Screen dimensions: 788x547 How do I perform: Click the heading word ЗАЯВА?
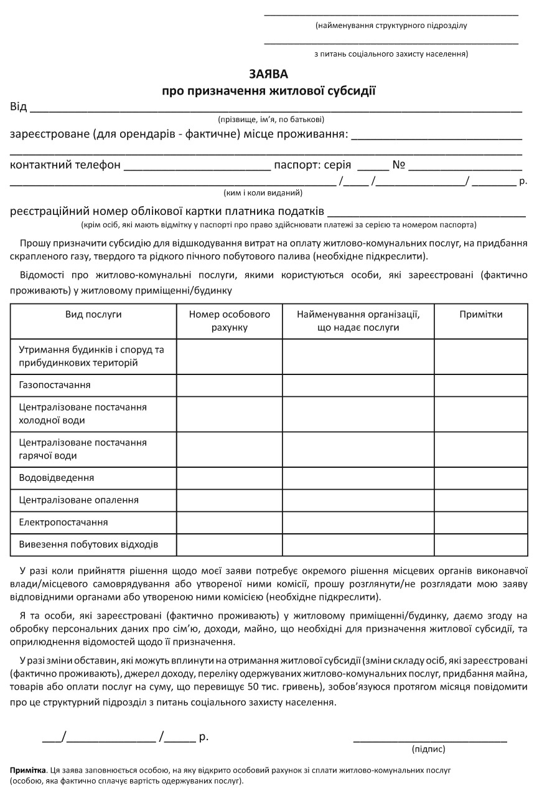point(269,74)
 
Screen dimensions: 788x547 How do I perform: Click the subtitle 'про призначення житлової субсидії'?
point(269,92)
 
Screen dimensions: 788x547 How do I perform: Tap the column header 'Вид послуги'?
point(93,315)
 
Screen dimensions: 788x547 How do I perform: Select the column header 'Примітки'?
point(480,315)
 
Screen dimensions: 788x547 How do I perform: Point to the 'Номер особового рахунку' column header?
point(230,321)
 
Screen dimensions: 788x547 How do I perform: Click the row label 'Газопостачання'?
point(55,385)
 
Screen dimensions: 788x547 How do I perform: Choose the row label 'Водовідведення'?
point(57,478)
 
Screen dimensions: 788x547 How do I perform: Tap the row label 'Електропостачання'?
point(63,522)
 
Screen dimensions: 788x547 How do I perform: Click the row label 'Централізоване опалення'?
point(79,500)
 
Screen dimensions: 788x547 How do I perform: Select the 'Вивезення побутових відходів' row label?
point(88,544)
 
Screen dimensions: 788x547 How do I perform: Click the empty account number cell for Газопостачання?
point(230,385)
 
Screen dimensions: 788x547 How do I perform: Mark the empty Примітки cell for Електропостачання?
point(480,522)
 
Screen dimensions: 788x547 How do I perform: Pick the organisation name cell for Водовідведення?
point(358,478)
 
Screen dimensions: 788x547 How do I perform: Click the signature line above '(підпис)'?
point(429,741)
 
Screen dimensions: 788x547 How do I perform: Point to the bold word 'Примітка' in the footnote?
point(27,771)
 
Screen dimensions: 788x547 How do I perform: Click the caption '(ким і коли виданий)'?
point(263,193)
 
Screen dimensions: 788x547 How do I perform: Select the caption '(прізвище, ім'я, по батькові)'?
point(271,119)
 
